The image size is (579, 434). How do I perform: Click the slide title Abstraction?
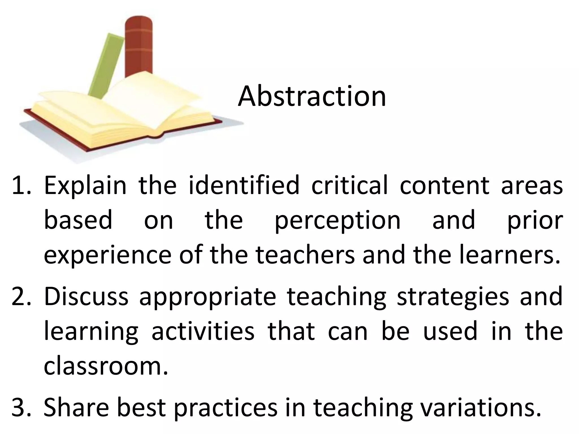tap(312, 96)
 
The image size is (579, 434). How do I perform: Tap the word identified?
tap(244, 185)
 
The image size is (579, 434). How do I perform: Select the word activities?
tap(203, 331)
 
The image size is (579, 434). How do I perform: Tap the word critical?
tap(350, 185)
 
